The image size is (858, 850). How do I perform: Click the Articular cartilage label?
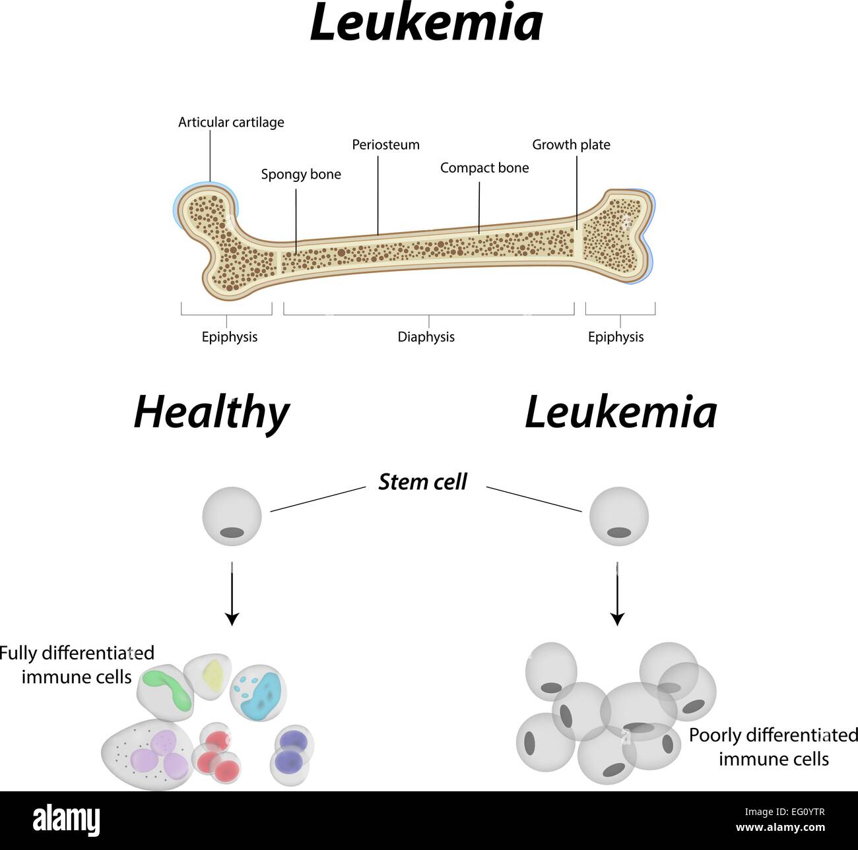(x=231, y=123)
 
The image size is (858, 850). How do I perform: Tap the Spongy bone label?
(x=301, y=175)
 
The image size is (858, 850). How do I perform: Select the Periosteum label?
(x=385, y=145)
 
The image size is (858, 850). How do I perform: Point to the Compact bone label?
(x=484, y=168)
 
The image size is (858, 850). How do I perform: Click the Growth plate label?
(x=571, y=145)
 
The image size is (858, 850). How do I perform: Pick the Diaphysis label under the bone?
(x=426, y=337)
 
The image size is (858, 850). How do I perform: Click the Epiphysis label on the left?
(x=229, y=337)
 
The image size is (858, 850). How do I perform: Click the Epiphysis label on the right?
(x=615, y=337)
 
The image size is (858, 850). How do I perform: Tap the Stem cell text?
(x=422, y=482)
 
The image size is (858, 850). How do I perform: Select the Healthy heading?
(x=211, y=413)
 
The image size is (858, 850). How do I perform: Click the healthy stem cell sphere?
(x=232, y=516)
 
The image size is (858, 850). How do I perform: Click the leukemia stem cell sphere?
(x=618, y=516)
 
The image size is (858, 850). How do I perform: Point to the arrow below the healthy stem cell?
(x=232, y=593)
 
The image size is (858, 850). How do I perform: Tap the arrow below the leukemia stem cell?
(x=617, y=593)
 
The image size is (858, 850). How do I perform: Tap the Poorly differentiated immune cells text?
(x=773, y=747)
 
